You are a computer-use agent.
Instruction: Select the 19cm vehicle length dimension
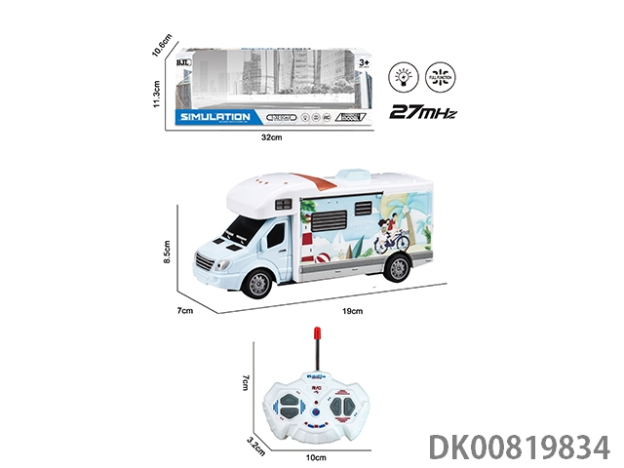[353, 311]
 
